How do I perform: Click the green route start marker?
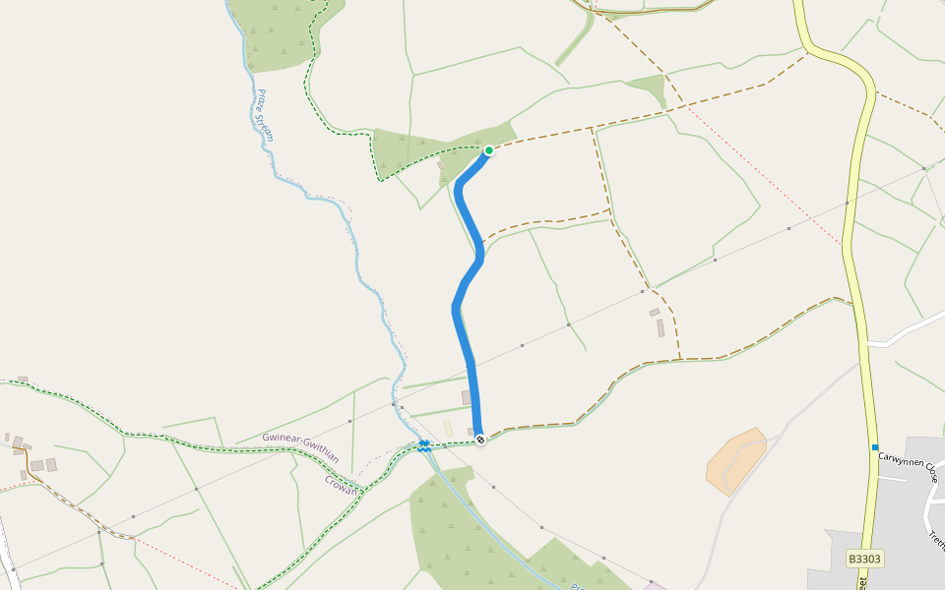click(488, 150)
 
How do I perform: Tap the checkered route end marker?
click(480, 439)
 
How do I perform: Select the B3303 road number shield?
click(865, 559)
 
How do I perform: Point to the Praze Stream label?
click(264, 115)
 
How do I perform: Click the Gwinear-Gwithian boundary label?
click(301, 447)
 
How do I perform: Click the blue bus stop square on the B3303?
click(874, 447)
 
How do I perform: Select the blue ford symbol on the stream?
click(423, 445)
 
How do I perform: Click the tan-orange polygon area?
click(737, 459)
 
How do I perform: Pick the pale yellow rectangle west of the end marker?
click(448, 428)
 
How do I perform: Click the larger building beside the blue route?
click(467, 397)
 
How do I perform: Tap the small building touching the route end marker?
click(471, 431)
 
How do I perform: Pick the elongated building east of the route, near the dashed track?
click(661, 327)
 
